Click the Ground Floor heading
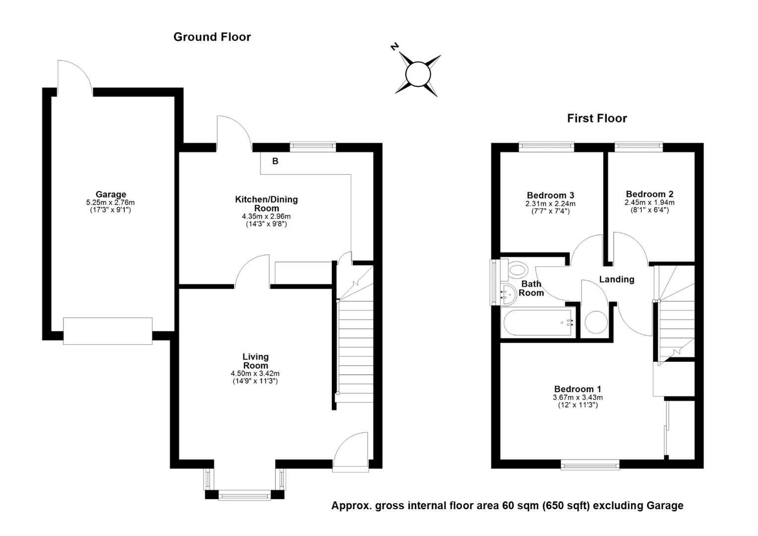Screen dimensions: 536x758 [x=212, y=37]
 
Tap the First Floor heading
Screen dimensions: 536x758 [x=597, y=118]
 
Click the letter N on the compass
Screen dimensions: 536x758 [x=395, y=47]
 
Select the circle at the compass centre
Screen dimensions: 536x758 [x=418, y=75]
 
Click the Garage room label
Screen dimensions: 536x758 [x=111, y=195]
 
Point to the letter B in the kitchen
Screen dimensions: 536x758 [x=275, y=161]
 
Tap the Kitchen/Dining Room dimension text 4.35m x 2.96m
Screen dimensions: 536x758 [x=266, y=216]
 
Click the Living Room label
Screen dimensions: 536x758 [x=255, y=361]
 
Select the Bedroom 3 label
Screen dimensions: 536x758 [x=550, y=195]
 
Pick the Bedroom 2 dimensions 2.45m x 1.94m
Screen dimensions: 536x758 [x=649, y=202]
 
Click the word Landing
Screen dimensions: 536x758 [x=617, y=279]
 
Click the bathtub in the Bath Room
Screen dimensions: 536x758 [x=539, y=323]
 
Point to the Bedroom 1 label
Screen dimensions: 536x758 [x=577, y=389]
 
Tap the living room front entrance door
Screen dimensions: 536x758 [x=351, y=449]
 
